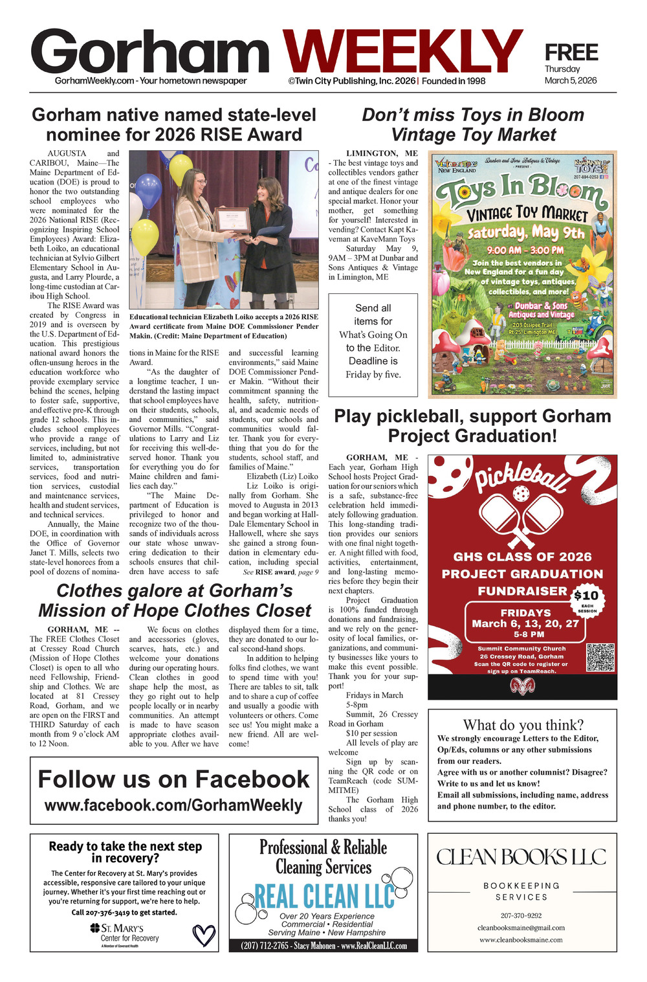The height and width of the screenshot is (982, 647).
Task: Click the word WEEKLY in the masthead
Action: pos(402,54)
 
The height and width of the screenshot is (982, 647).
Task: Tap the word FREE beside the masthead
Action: pos(571,52)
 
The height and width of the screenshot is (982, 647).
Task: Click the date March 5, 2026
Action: pos(570,81)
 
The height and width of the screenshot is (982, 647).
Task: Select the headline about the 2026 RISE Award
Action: pos(173,124)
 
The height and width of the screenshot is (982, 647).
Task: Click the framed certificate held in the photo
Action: pos(232,220)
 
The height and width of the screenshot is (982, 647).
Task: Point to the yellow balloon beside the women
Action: pos(146,236)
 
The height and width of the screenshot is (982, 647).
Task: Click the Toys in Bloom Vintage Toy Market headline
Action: pos(473,124)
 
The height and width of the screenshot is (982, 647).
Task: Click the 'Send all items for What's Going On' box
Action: pos(373,341)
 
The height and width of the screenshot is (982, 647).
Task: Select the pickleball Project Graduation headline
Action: pos(472,425)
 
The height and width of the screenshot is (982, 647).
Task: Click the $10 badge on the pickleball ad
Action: pos(586,596)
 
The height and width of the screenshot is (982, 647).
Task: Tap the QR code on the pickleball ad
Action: pos(600,657)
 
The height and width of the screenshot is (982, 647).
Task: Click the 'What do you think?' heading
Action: pos(523,724)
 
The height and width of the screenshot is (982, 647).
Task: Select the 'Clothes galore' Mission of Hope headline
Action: pos(175,600)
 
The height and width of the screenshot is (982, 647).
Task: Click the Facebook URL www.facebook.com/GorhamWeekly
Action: pos(173,805)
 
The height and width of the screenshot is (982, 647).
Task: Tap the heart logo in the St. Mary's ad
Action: pos(204,935)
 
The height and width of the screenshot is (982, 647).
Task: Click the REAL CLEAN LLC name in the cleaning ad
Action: pos(324,897)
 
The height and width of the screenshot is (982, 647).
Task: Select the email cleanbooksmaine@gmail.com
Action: pos(521,928)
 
